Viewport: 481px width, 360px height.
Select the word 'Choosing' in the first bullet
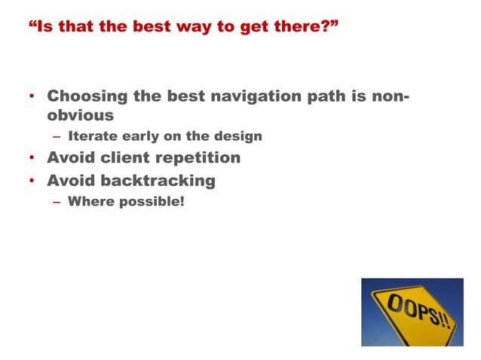coord(83,96)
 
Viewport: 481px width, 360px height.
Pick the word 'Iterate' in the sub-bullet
coord(91,137)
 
